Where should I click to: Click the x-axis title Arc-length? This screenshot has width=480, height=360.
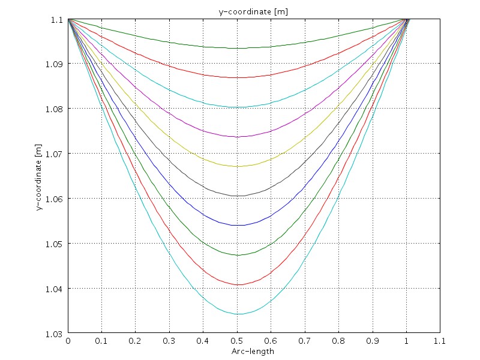click(x=253, y=352)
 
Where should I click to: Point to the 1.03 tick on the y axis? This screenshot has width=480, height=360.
click(x=58, y=334)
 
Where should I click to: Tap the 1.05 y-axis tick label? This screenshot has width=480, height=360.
click(x=58, y=244)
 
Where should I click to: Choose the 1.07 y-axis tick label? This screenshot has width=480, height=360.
click(x=58, y=154)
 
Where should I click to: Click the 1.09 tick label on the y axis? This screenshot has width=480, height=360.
click(x=58, y=64)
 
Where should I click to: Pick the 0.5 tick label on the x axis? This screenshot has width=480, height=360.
click(x=238, y=340)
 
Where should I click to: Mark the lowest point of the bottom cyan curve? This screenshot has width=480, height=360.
click(x=238, y=314)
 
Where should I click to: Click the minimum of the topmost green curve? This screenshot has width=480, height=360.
click(x=238, y=48)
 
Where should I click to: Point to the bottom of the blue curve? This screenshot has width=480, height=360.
click(x=238, y=225)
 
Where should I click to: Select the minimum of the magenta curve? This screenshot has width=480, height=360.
click(x=238, y=137)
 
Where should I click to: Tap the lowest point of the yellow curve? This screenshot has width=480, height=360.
click(x=238, y=166)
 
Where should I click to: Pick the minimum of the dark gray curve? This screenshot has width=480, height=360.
click(x=238, y=196)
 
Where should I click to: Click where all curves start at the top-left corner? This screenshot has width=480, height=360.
click(x=68, y=19)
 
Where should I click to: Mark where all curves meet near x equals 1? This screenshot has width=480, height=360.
click(x=408, y=19)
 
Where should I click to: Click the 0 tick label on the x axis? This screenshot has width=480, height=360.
click(x=68, y=340)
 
